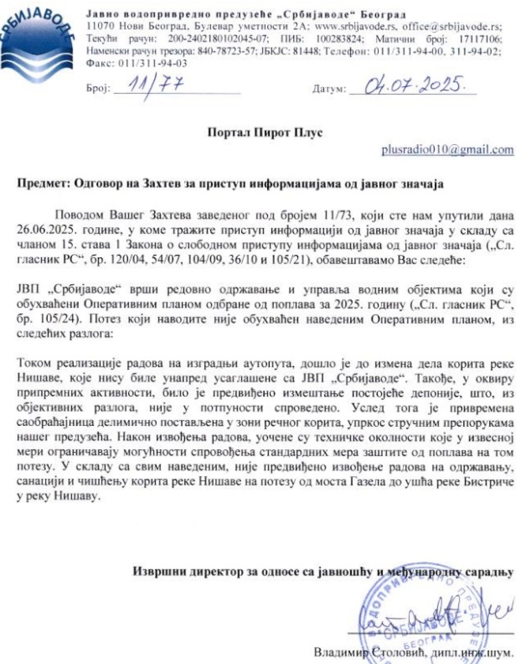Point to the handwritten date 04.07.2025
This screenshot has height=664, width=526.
pos(412,84)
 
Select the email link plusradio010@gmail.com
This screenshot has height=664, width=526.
pos(447,150)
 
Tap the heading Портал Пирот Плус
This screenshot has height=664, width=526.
pos(265,132)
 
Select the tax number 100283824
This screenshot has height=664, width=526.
pos(333,39)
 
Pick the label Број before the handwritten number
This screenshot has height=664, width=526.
pos(98,89)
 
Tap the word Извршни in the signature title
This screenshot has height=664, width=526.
pos(159,572)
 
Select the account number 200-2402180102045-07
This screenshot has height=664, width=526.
pos(218,39)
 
